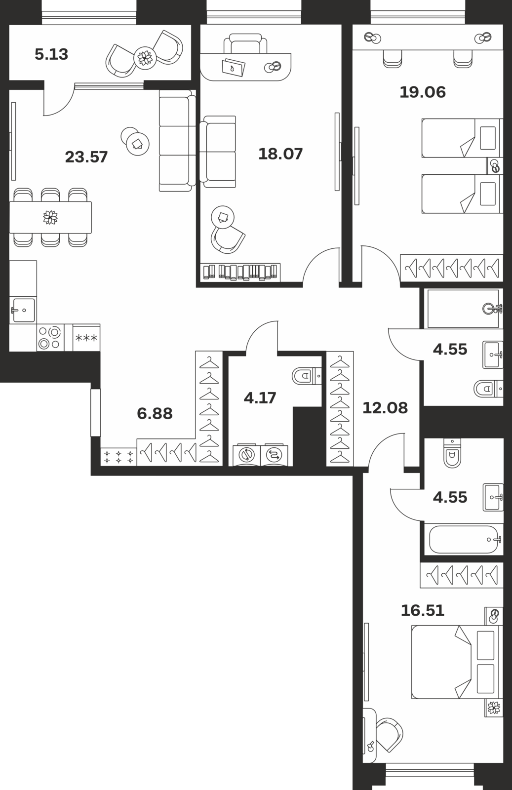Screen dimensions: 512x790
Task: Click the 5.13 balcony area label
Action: pos(51,54)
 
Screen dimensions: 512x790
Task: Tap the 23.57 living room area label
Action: pos(86,157)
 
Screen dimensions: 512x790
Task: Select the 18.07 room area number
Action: pos(280,154)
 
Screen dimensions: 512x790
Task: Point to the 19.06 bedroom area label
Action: pos(423,92)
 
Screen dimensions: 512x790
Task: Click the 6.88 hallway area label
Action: pos(155,414)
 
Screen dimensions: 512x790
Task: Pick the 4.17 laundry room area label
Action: pos(260,398)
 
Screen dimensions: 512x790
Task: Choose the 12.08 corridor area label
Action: pos(385,408)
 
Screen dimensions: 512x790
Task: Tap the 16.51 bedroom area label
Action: pos(423,610)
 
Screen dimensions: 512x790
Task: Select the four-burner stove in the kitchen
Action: pos(50,338)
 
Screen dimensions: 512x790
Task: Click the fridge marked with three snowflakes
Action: pos(86,338)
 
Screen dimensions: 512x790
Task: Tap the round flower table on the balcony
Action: pos(145,57)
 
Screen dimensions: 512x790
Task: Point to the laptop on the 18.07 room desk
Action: pos(234,67)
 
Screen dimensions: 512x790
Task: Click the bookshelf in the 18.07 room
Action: pos(240,272)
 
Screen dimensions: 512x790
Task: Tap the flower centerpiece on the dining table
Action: pos(50,217)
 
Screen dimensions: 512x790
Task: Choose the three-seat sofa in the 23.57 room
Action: pos(177,140)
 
